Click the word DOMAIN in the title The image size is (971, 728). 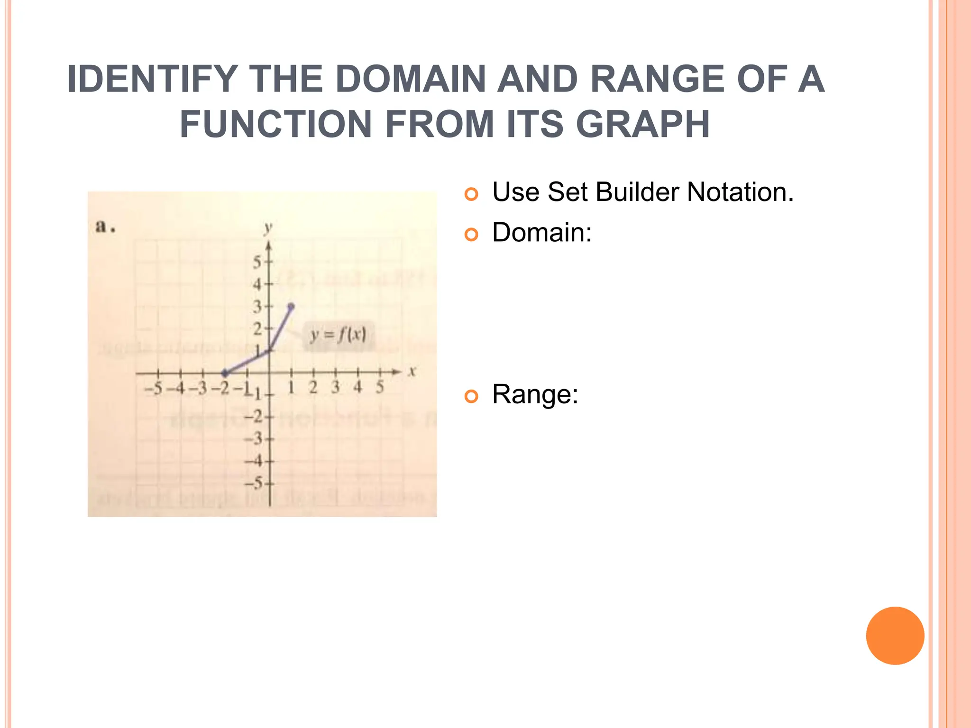click(x=411, y=79)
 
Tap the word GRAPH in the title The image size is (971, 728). click(x=643, y=125)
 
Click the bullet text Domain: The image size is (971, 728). click(x=542, y=233)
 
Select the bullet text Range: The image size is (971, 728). click(x=535, y=394)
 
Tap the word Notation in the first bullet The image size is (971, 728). click(x=740, y=192)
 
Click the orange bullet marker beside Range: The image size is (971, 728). click(x=471, y=396)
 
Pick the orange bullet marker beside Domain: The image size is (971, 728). click(x=471, y=235)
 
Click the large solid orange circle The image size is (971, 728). click(x=895, y=636)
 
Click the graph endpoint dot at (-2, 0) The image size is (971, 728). click(x=225, y=373)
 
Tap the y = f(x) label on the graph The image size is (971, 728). click(x=338, y=336)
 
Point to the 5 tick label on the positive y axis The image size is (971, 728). click(x=257, y=262)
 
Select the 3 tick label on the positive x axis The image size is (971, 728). click(x=335, y=387)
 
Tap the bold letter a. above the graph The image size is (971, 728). click(x=105, y=227)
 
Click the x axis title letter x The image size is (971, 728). click(x=412, y=371)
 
